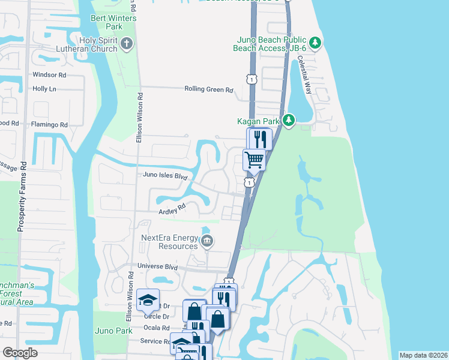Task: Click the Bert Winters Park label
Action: (x=113, y=23)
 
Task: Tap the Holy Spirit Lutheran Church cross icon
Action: (x=127, y=43)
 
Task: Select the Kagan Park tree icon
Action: (x=289, y=121)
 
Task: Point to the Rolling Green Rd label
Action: (x=208, y=89)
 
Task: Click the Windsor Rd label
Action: (x=49, y=75)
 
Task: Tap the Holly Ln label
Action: (x=44, y=88)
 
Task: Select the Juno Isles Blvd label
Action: (x=165, y=176)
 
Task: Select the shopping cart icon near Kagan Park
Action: (x=254, y=160)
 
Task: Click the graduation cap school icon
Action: (x=148, y=299)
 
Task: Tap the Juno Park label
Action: (x=113, y=331)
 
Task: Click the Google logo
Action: (x=20, y=353)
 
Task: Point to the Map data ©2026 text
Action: (x=423, y=355)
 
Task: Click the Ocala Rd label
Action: (x=157, y=328)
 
